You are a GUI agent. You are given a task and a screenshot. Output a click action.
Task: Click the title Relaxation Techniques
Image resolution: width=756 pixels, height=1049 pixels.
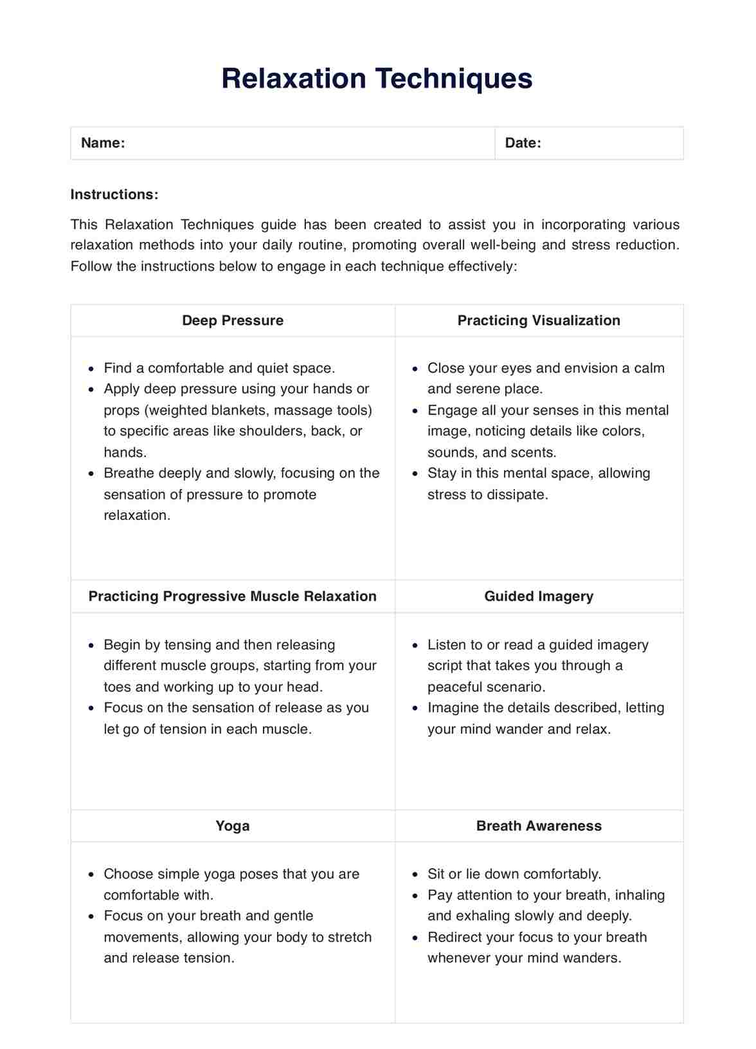(x=377, y=79)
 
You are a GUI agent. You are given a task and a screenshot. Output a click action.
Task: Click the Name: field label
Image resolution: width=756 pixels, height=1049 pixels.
(x=103, y=143)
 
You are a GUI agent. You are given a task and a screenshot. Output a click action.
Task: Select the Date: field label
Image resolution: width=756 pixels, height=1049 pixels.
(x=523, y=143)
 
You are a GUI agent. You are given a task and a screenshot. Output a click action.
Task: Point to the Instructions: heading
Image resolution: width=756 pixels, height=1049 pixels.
(x=114, y=194)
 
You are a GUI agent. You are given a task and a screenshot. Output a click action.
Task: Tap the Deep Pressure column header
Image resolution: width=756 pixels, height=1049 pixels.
(x=233, y=320)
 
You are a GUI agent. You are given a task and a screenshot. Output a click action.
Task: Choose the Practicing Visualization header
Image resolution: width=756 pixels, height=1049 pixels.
(x=539, y=320)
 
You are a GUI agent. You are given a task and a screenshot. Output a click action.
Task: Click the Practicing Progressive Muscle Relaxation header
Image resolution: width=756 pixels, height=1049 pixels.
(x=233, y=596)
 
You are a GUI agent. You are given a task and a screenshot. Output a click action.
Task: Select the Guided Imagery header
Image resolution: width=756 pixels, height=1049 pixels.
(x=539, y=596)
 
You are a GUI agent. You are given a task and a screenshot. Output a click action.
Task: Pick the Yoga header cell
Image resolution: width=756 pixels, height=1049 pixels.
(x=233, y=826)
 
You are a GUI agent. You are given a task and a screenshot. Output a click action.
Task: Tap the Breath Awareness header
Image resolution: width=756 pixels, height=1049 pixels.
(x=539, y=826)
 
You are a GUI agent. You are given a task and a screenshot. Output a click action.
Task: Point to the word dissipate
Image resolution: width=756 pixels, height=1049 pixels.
(x=519, y=495)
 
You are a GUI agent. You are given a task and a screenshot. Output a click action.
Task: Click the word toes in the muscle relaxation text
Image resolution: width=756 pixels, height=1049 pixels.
(x=117, y=687)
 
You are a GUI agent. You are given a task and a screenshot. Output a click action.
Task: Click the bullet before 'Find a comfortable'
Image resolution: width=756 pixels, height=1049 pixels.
(x=91, y=369)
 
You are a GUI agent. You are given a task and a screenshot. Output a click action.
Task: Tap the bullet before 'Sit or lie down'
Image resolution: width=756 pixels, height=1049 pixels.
(x=415, y=875)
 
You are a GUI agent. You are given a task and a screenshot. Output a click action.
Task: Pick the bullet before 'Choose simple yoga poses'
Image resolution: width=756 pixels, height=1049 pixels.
(x=91, y=875)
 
